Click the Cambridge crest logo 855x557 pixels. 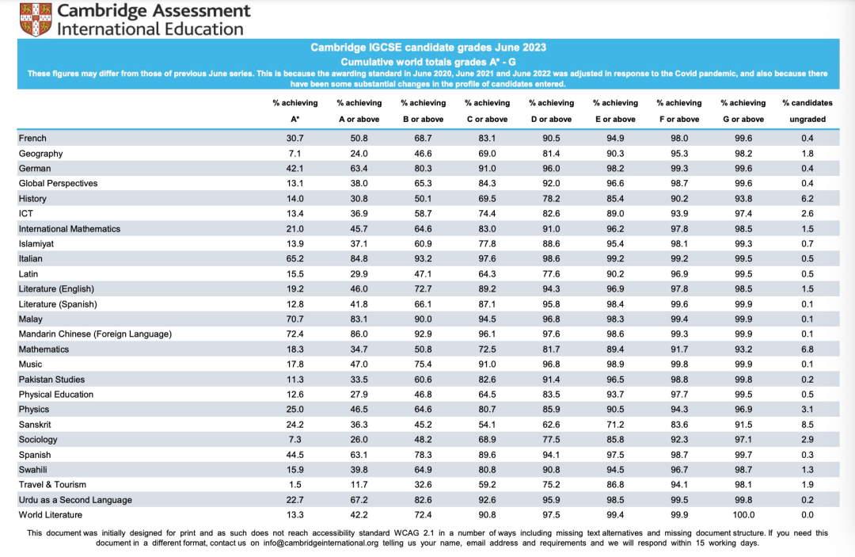pos(35,19)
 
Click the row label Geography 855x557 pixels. pos(40,154)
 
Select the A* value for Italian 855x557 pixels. pos(294,259)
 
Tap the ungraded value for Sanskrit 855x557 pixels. pos(807,425)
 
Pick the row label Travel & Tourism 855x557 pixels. pos(52,485)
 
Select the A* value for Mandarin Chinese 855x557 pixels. pos(294,334)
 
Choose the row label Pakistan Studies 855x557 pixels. pos(51,380)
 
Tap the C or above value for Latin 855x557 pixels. pos(487,274)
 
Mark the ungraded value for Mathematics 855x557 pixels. pos(807,349)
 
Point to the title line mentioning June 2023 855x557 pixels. pos(427,48)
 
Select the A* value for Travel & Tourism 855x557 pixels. pos(294,485)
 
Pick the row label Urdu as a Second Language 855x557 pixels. pos(75,500)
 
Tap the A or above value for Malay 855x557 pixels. pos(359,319)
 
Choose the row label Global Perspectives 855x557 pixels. pos(58,184)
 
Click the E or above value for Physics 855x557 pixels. pos(614,410)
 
